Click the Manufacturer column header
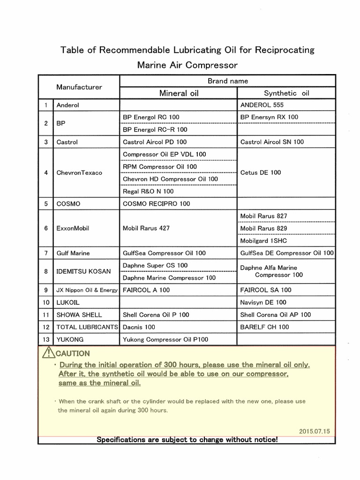coord(79,87)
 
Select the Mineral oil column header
coord(179,93)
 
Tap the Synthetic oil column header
coord(286,93)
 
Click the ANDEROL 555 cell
coord(262,105)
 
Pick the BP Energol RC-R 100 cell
coord(155,129)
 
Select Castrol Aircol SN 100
coord(272,142)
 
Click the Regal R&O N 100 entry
coord(148,191)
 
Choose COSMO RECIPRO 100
coord(156,204)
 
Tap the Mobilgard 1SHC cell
coord(263,240)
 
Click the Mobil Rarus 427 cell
coord(146,228)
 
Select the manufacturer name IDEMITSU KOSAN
coord(83,271)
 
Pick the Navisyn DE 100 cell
coord(263,302)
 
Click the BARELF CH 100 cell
coord(264,327)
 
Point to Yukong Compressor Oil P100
coord(165,339)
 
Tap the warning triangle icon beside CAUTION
coord(48,353)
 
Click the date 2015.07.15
coord(314,430)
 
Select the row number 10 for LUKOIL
coord(46,302)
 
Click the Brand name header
coord(228,81)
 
